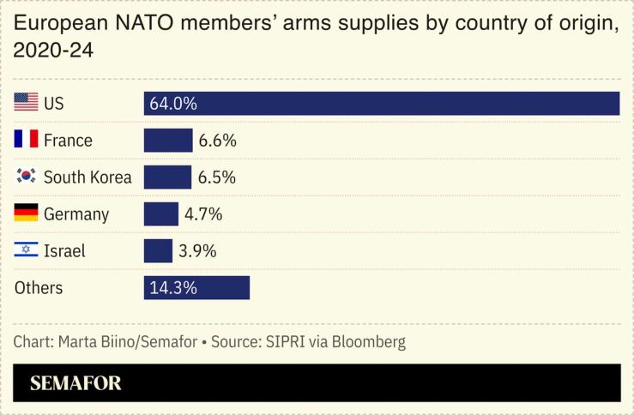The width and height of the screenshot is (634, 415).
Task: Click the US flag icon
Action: [26, 103]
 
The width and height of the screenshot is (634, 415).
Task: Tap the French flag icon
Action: [26, 140]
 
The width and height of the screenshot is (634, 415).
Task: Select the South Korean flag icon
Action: [26, 177]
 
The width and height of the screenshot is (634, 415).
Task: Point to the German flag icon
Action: [26, 214]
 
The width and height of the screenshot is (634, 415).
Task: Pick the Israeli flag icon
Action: [26, 250]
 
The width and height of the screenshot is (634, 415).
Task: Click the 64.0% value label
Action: [173, 104]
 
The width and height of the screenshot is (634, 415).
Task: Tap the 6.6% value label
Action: [218, 141]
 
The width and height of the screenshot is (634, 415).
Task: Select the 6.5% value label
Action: [216, 177]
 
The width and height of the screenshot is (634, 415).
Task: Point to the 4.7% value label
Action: [204, 214]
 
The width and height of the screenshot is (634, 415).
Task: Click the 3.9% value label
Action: [197, 251]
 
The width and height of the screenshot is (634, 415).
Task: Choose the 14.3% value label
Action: [173, 288]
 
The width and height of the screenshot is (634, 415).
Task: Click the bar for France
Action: [168, 141]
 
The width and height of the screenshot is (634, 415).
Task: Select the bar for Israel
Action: [158, 251]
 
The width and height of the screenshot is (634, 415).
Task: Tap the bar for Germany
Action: [161, 214]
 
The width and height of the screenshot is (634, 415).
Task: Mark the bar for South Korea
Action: [167, 177]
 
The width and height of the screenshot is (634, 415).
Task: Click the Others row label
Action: [39, 288]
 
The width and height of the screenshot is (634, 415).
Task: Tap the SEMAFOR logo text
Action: [75, 383]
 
